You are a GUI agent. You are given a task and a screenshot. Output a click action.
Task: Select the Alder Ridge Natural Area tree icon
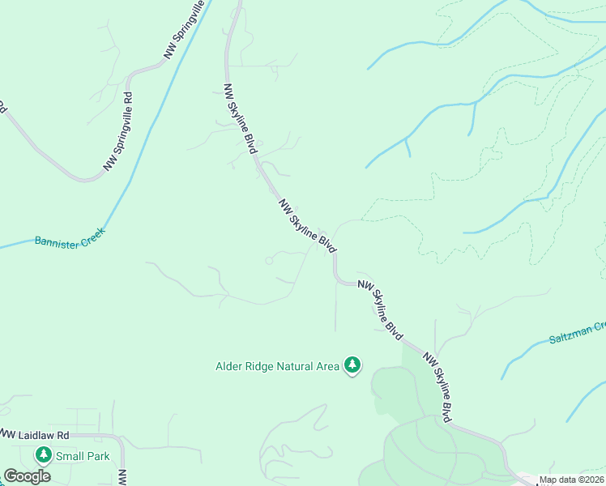[352, 366]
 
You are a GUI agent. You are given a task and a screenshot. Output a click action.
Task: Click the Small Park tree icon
[42, 456]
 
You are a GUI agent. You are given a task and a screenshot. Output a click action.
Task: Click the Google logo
[27, 476]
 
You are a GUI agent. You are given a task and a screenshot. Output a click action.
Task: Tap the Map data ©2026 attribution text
[572, 480]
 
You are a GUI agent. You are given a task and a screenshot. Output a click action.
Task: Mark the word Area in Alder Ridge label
[327, 366]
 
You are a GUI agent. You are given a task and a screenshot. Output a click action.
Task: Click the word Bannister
[57, 241]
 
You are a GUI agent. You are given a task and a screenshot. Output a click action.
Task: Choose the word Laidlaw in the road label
[37, 434]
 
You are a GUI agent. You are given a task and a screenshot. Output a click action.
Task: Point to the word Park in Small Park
[97, 456]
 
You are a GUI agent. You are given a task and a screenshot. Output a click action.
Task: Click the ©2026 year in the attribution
[591, 480]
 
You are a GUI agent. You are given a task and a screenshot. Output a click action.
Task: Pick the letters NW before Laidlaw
[7, 434]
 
